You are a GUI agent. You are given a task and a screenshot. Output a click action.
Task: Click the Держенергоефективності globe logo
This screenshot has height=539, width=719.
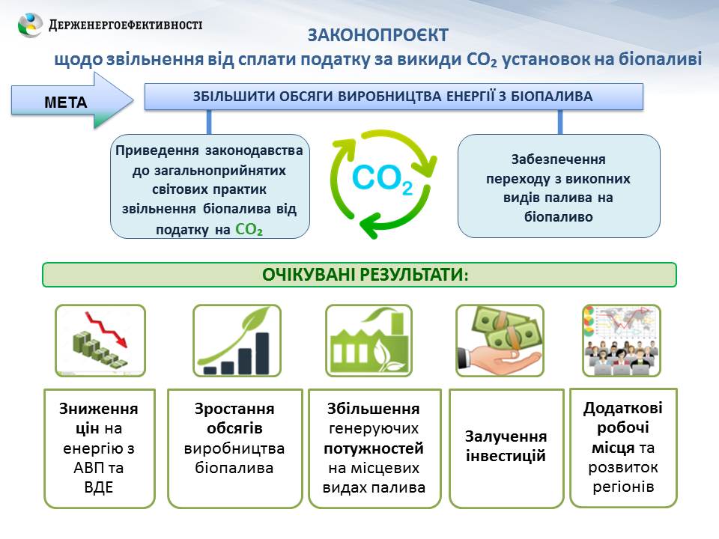tap(30, 24)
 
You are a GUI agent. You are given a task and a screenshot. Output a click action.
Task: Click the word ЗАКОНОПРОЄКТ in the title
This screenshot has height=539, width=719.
tap(377, 35)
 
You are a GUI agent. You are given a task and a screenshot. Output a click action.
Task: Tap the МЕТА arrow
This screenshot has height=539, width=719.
tap(73, 100)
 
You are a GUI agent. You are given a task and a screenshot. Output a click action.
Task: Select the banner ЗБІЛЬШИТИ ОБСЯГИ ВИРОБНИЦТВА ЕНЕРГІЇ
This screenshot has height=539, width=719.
tap(394, 97)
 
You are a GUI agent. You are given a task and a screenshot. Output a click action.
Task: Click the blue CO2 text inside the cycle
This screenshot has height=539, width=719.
tap(383, 179)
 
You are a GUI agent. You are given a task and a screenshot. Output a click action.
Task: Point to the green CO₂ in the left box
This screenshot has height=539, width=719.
tap(249, 229)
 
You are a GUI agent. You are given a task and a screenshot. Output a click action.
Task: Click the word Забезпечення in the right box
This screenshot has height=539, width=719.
tap(559, 159)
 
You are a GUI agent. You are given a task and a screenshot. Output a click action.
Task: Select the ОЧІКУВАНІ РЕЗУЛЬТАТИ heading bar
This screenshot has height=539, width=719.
tap(359, 275)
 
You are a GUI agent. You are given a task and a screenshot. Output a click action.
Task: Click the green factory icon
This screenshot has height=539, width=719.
tap(369, 341)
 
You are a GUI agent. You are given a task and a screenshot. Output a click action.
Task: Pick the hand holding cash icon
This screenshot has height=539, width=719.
tap(500, 341)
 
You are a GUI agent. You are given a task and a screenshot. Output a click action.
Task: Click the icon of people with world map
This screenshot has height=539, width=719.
tap(622, 341)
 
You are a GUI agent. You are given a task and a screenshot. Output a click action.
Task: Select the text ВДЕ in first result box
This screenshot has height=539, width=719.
tap(99, 487)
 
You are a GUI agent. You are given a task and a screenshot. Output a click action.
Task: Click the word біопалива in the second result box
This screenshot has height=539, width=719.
tap(234, 468)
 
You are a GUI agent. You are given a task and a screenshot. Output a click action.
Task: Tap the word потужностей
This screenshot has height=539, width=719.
tap(374, 448)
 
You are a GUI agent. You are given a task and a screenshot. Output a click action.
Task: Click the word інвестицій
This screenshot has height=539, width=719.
tap(506, 456)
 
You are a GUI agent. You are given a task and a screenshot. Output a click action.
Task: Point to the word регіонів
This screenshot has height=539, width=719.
tap(622, 487)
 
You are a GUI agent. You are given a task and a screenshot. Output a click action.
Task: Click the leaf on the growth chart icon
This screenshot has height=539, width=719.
tap(257, 316)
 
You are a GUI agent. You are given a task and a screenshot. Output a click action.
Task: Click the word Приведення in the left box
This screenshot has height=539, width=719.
tap(157, 150)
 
